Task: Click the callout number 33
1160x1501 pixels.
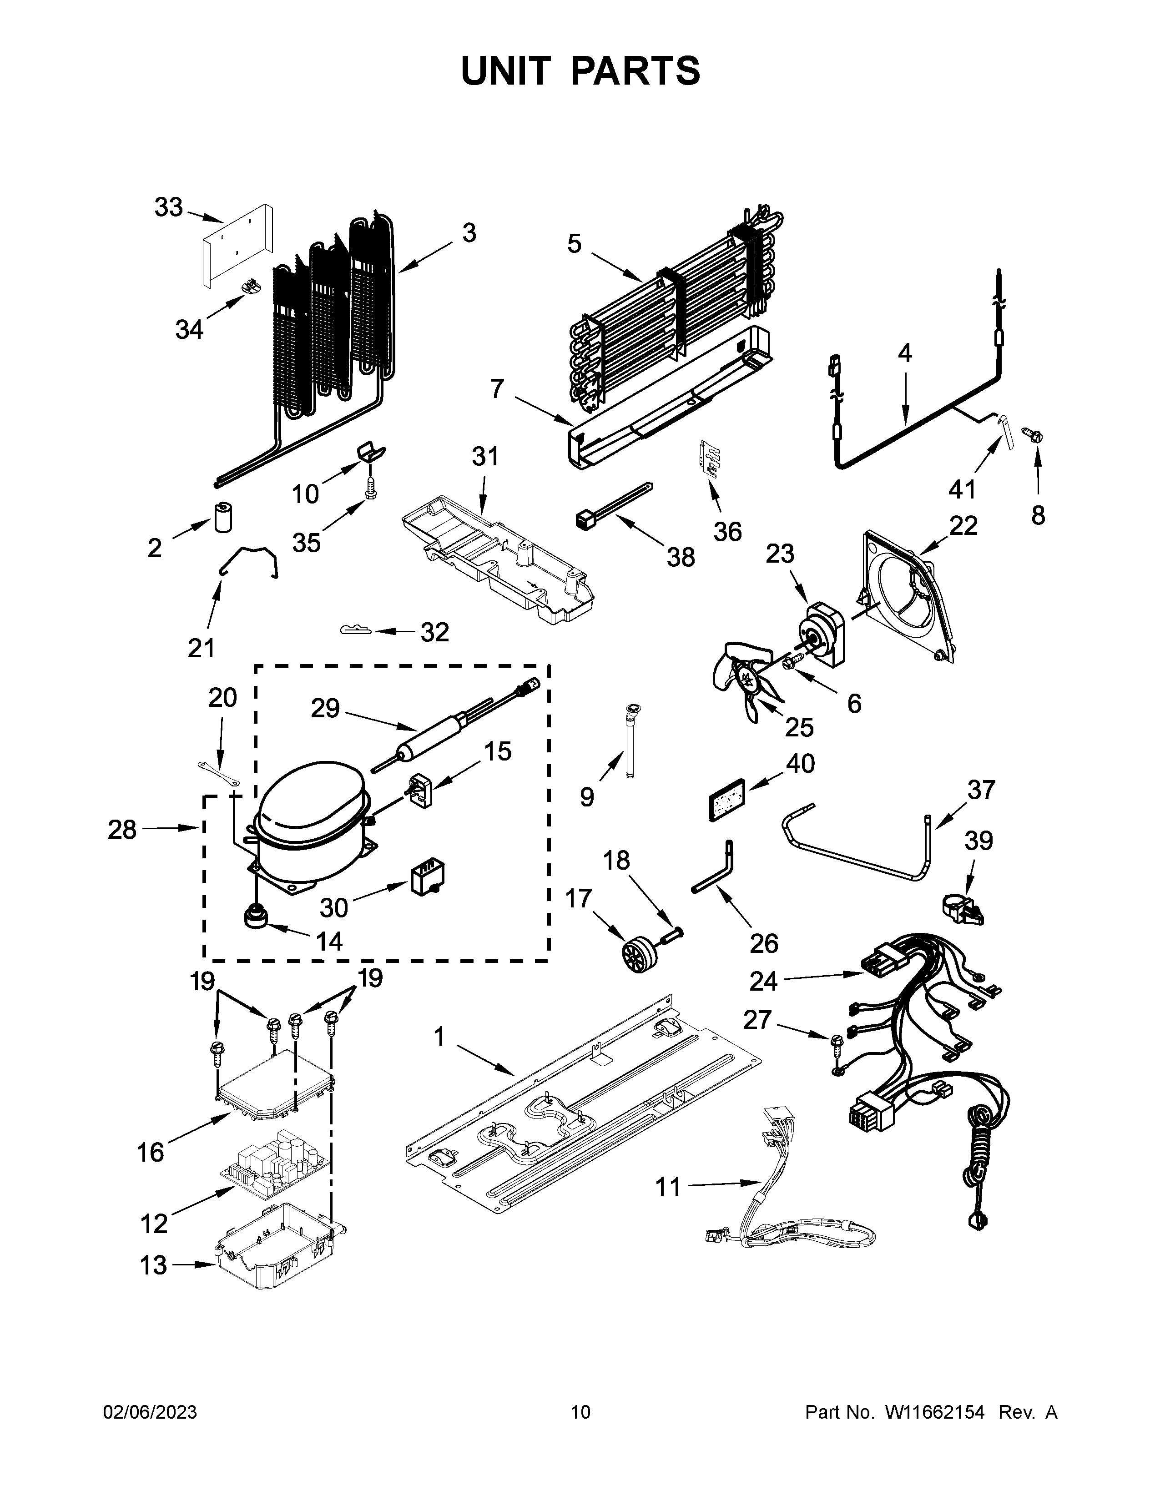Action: coord(168,207)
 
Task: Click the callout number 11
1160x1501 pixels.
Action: coord(667,1186)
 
